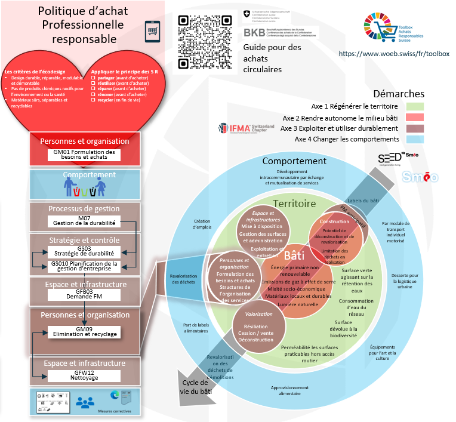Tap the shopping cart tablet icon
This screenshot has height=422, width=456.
click(153, 31)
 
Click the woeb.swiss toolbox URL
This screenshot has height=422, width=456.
click(394, 54)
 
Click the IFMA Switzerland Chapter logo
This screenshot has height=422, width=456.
click(247, 128)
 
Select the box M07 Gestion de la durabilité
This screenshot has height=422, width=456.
click(84, 221)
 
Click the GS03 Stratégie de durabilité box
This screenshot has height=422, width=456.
click(84, 251)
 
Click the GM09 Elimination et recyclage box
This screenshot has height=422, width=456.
click(84, 332)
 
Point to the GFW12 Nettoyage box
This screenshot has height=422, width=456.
click(84, 375)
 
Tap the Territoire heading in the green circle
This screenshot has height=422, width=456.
click(294, 204)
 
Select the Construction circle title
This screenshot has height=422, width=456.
click(334, 221)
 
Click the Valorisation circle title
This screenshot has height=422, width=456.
click(259, 314)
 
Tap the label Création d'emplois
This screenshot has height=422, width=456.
click(202, 224)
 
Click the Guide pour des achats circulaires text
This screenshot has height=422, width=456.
click(272, 58)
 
